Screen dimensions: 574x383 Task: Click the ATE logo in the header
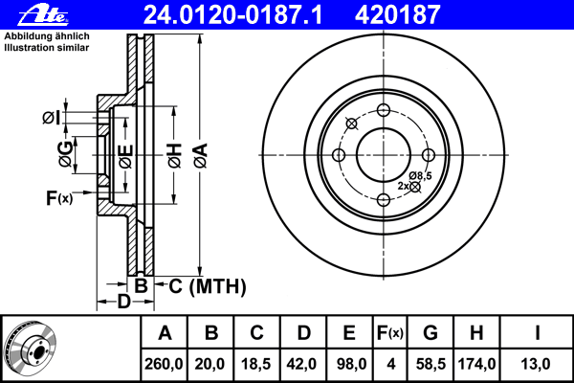[44, 15]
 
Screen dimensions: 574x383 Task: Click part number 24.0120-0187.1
[233, 15]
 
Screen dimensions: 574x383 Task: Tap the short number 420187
[397, 15]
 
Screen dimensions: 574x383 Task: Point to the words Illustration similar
[47, 48]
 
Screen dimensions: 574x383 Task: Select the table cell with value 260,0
[164, 364]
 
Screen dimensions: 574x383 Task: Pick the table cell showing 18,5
[256, 364]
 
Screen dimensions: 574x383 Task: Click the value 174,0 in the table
[476, 364]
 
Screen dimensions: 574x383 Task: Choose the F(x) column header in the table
[390, 333]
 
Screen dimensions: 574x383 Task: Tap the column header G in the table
[430, 333]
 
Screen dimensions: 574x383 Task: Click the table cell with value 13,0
[536, 364]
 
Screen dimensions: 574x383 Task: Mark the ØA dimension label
[201, 156]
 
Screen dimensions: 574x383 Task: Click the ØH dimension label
[175, 156]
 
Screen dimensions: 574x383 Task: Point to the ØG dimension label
[66, 154]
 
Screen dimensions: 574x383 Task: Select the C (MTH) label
[208, 286]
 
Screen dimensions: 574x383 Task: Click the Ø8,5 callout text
[420, 175]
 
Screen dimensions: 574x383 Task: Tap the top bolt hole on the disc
[384, 109]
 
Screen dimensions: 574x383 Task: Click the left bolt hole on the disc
[339, 155]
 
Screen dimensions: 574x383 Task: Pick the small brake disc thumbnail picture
[31, 348]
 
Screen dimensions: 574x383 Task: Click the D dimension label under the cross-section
[123, 302]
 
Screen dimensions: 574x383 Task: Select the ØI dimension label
[51, 118]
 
